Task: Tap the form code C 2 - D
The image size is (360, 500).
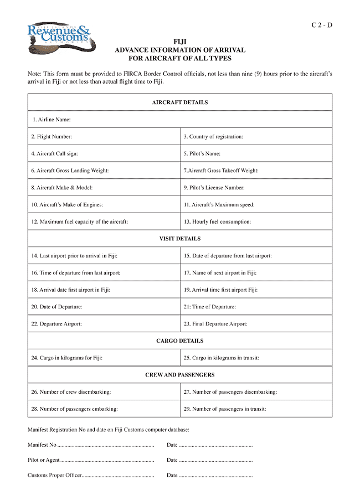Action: click(322, 25)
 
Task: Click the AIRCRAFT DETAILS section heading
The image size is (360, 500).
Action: click(180, 102)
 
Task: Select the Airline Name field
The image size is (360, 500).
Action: click(180, 120)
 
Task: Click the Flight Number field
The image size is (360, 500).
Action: click(104, 137)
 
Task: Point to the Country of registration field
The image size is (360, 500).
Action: click(256, 137)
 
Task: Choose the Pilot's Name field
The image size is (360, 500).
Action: click(256, 153)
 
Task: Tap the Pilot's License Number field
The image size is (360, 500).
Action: click(256, 188)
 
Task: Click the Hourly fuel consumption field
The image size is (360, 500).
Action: click(256, 222)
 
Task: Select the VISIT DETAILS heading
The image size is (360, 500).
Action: click(180, 239)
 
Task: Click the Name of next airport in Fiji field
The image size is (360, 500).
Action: click(256, 273)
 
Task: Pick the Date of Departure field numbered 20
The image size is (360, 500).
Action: click(104, 307)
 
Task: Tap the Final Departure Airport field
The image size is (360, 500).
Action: click(256, 324)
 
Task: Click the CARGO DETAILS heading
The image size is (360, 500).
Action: click(180, 341)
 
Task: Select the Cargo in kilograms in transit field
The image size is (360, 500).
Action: click(256, 358)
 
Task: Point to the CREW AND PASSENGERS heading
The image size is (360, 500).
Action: click(180, 375)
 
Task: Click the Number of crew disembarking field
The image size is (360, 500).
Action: click(104, 392)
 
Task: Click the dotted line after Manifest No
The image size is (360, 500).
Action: click(105, 446)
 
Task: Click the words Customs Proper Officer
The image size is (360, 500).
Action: click(54, 476)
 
